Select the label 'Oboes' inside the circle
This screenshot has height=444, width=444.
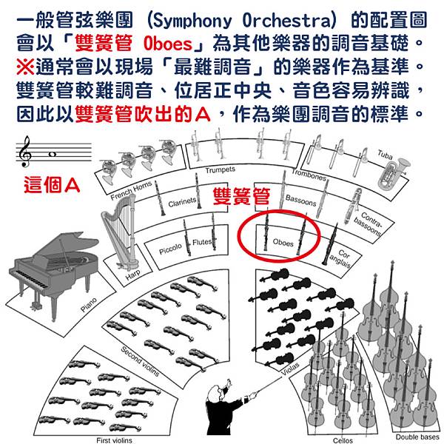pyautogui.click(x=283, y=242)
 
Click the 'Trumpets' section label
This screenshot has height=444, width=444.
pyautogui.click(x=220, y=169)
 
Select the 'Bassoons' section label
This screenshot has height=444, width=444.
pyautogui.click(x=300, y=201)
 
